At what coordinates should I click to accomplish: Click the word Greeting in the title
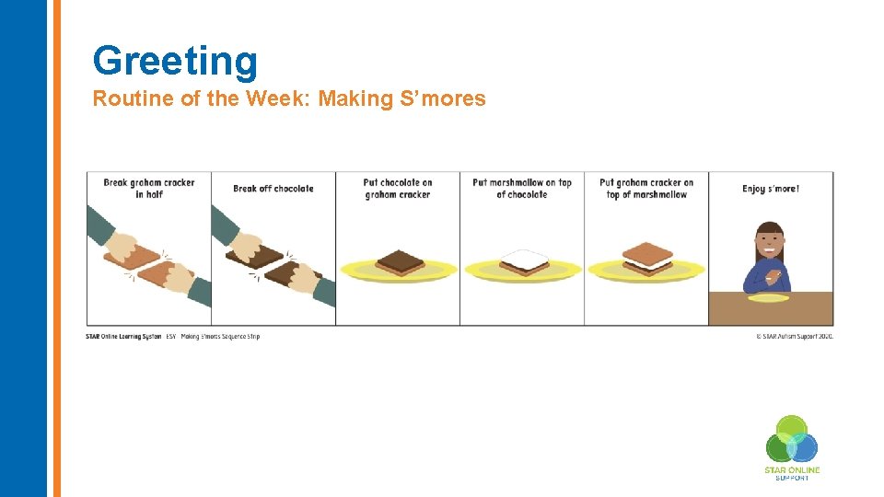[x=175, y=61]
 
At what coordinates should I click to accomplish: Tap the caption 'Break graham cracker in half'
[x=148, y=189]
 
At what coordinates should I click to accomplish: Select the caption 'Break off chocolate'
[x=273, y=189]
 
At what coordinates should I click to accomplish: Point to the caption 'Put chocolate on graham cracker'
[x=398, y=189]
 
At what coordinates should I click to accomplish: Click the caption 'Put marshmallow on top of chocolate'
[x=521, y=189]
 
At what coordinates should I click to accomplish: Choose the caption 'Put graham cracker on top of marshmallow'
[x=646, y=189]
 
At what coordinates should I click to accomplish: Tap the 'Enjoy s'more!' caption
[x=770, y=189]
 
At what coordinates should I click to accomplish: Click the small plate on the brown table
[x=768, y=298]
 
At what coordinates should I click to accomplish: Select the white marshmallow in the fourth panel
[x=524, y=258]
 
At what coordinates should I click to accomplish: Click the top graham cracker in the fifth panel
[x=646, y=250]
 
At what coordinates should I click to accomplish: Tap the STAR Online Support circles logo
[x=791, y=440]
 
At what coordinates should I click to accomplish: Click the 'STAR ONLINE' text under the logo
[x=791, y=470]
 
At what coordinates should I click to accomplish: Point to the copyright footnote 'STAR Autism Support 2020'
[x=794, y=337]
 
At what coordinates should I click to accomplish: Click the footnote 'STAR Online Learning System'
[x=123, y=337]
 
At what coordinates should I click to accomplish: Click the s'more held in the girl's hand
[x=774, y=275]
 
